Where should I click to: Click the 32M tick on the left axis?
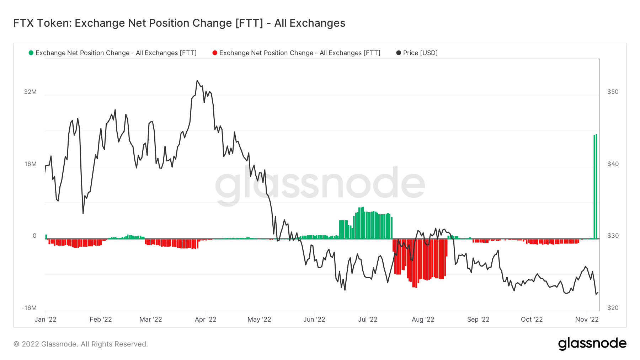click(30, 92)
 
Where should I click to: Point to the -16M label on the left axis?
click(29, 308)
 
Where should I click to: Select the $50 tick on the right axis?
click(613, 92)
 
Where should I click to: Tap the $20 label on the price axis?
click(613, 308)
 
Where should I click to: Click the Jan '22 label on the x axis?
click(46, 319)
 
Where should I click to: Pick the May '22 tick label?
click(259, 319)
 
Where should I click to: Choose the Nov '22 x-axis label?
click(587, 319)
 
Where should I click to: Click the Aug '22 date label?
click(423, 319)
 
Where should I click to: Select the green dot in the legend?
click(31, 53)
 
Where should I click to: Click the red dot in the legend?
click(215, 53)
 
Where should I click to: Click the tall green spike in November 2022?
click(595, 185)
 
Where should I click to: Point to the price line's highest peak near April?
click(197, 81)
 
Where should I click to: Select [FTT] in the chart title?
click(249, 23)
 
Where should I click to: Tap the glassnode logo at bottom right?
click(592, 343)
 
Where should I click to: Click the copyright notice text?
click(81, 344)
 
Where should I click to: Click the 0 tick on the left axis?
click(34, 236)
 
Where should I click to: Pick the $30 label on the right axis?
click(613, 236)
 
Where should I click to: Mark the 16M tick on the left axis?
click(31, 164)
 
